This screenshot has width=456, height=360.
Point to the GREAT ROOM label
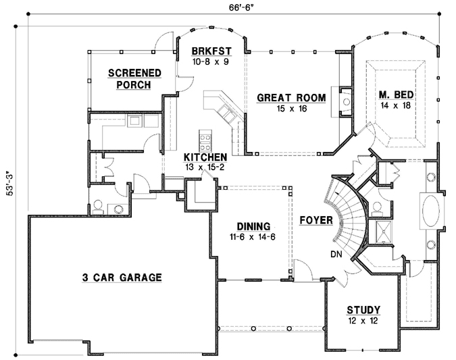[x=291, y=98]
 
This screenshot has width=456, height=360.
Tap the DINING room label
[x=253, y=226]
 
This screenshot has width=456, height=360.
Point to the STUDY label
[x=363, y=309]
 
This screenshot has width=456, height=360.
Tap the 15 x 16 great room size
[x=291, y=109]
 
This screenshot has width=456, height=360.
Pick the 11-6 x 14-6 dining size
[x=253, y=237]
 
